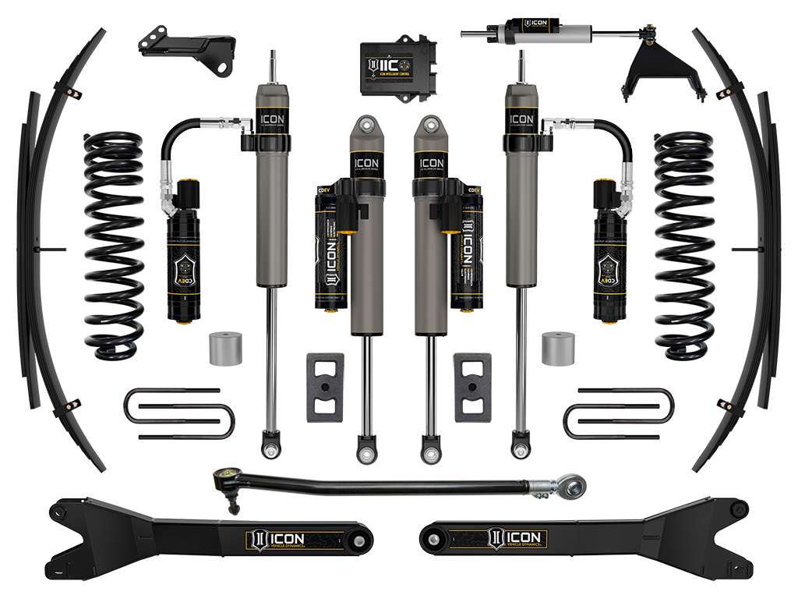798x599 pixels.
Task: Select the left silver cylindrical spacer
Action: point(225,347)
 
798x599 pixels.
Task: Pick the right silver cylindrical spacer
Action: point(558,347)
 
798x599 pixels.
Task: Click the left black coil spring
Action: point(115,246)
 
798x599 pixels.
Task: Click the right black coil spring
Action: point(683,246)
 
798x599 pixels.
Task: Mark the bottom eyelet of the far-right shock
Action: point(521,450)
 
